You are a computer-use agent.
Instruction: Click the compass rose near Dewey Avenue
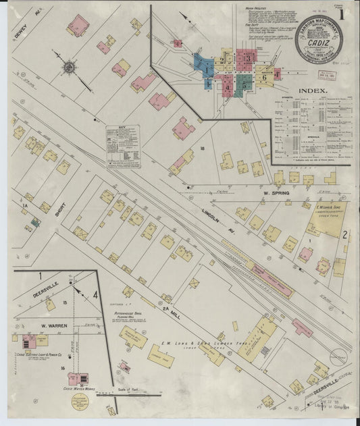[70, 67]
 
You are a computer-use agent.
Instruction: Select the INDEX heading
[313, 90]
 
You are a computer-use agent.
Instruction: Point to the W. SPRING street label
[276, 193]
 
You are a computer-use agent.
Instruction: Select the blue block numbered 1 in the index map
[205, 67]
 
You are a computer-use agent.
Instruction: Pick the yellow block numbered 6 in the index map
[265, 76]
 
